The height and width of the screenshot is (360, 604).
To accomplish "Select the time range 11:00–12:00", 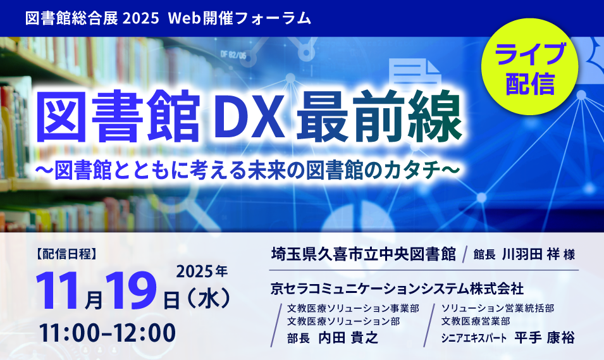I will pos(107,332).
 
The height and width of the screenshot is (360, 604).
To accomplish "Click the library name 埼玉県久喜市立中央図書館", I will pos(363,254).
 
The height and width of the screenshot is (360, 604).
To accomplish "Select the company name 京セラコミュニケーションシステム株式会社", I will pos(397,289).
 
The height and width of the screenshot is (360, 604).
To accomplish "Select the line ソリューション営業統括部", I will pos(498,308).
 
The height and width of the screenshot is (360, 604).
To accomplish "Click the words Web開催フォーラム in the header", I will pos(240,18).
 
